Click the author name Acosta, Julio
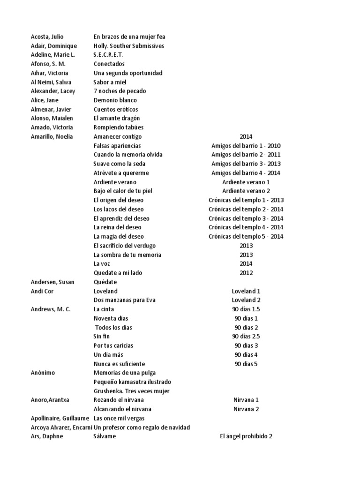point(47,37)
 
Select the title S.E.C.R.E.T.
point(108,55)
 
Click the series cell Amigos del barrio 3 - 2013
point(246,164)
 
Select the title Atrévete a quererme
point(121,173)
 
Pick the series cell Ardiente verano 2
point(246,191)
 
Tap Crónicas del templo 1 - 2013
point(246,200)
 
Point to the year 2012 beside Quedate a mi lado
point(246,273)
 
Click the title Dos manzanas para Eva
point(124,300)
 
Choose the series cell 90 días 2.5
point(246,336)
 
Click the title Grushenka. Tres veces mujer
point(131,391)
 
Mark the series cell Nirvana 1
point(246,400)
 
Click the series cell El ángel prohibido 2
point(246,436)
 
